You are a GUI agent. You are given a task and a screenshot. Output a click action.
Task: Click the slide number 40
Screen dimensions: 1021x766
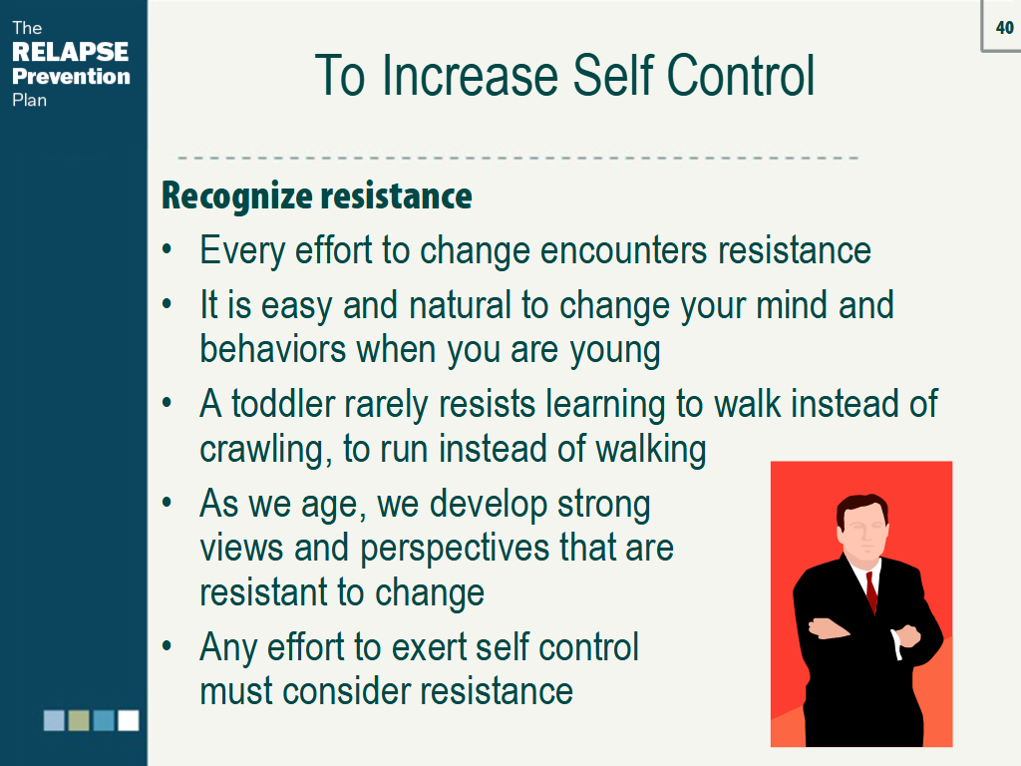1005,27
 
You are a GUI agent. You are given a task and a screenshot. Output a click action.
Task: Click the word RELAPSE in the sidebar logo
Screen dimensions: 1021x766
71,52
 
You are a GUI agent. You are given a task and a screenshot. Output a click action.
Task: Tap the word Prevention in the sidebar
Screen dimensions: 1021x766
71,76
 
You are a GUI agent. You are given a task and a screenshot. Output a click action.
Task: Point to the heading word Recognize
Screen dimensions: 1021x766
237,196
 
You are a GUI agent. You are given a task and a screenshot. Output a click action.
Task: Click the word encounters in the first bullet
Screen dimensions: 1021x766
624,250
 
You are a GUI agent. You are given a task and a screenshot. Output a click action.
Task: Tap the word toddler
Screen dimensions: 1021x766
283,404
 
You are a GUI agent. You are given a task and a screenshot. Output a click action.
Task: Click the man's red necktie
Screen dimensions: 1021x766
871,592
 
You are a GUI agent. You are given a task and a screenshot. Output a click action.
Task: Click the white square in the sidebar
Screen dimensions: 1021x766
129,720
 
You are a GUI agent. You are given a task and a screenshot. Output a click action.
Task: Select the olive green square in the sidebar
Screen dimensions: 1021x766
79,720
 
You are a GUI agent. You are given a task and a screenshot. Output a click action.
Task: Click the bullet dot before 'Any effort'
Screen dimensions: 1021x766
168,646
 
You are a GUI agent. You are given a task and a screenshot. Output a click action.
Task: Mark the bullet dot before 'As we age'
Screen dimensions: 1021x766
168,503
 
